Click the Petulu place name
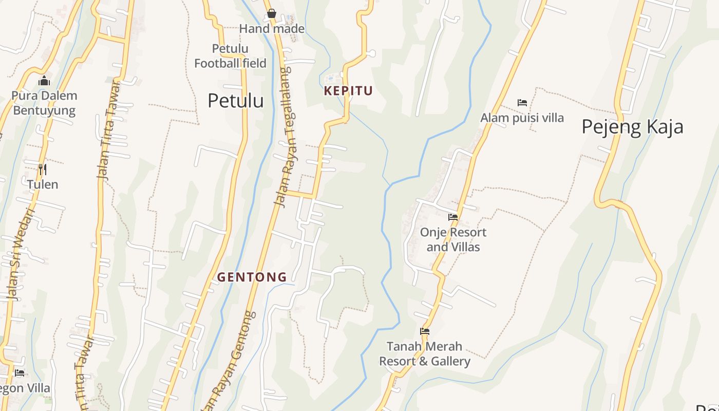coord(235,101)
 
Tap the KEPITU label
coord(348,91)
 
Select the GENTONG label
coord(252,277)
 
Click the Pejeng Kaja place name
coord(632,126)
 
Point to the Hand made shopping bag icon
coord(272,13)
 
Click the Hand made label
coord(272,29)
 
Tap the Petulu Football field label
coord(230,56)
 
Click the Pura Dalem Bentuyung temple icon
coord(44,81)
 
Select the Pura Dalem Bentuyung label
coord(44,103)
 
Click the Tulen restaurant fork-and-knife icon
coord(43,169)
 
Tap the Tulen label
coord(43,184)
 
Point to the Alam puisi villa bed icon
coord(522,103)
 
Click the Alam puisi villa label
coord(522,118)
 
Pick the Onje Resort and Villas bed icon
coord(453,217)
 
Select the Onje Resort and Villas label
coord(453,239)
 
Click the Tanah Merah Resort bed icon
coord(425,331)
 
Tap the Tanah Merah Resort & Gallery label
coord(425,354)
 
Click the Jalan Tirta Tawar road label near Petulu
coord(109,131)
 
